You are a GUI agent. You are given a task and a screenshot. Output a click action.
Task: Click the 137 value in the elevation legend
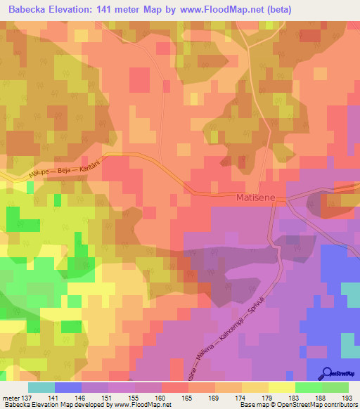[x=25, y=397]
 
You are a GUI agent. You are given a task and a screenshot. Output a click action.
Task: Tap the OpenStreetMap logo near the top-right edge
[x=340, y=189]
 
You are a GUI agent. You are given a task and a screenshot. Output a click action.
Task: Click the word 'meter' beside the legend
[x=11, y=397]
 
